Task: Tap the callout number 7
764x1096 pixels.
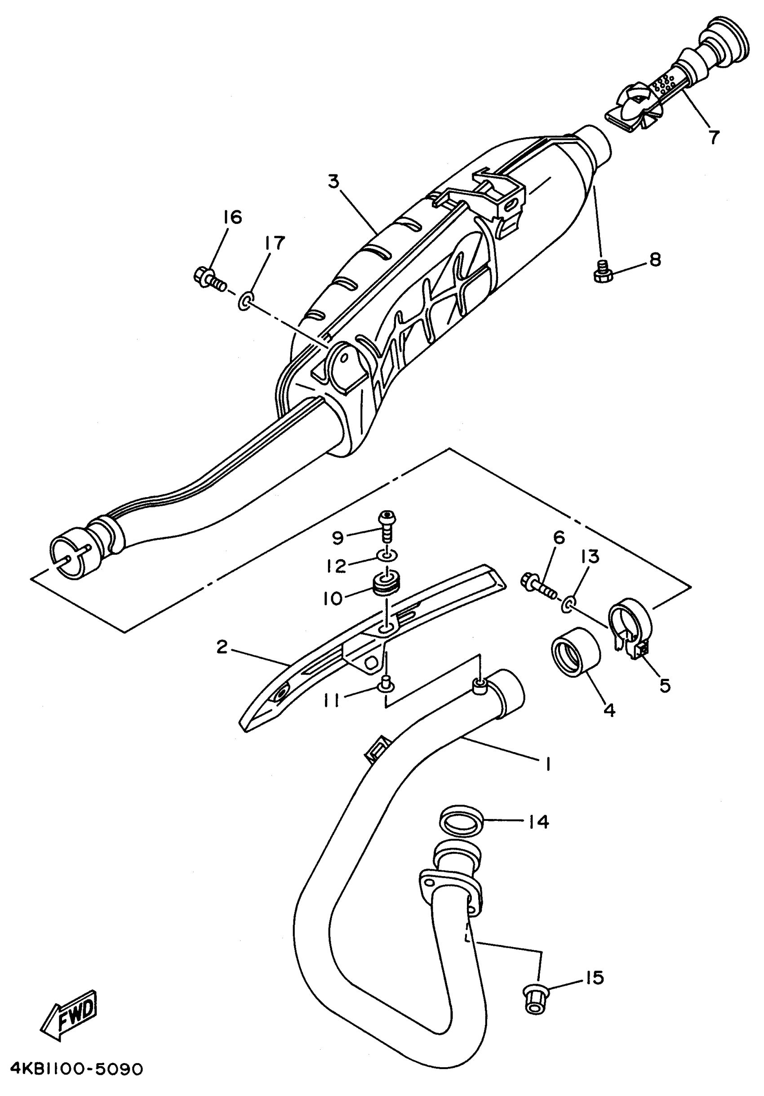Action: [713, 137]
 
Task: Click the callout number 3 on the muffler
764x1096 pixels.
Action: [333, 182]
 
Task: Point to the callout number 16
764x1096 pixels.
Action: [232, 217]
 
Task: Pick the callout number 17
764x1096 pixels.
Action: [275, 243]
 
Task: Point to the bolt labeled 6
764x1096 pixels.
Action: [539, 586]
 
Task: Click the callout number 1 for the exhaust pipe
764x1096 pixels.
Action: [548, 764]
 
